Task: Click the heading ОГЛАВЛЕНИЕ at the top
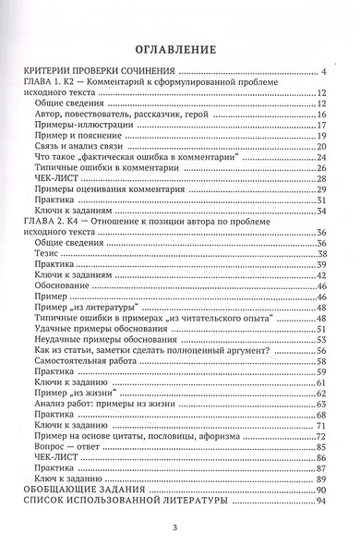pyautogui.click(x=180, y=49)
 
